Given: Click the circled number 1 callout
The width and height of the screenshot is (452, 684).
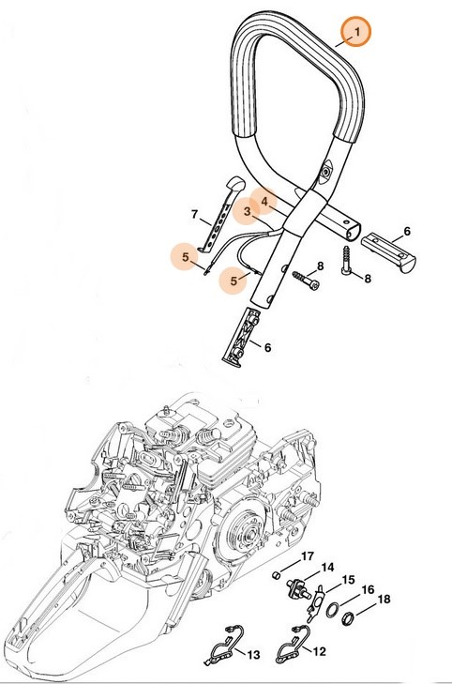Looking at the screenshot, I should tap(355, 34).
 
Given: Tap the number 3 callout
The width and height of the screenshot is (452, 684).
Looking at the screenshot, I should tap(248, 212).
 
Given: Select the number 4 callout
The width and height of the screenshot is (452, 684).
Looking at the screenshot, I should tap(265, 201).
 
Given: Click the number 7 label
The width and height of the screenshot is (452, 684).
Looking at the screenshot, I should tap(195, 215).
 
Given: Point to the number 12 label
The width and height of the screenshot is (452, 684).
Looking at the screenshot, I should tap(318, 649).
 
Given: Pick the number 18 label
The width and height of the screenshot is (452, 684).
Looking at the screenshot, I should tap(384, 600).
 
